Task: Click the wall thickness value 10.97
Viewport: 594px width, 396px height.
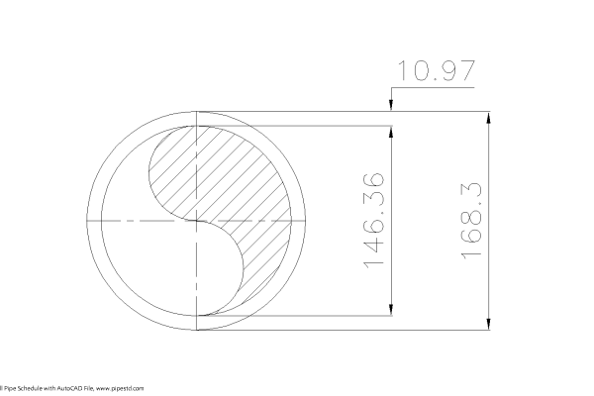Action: click(436, 71)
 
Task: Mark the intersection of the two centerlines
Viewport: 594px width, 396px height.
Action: click(199, 220)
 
